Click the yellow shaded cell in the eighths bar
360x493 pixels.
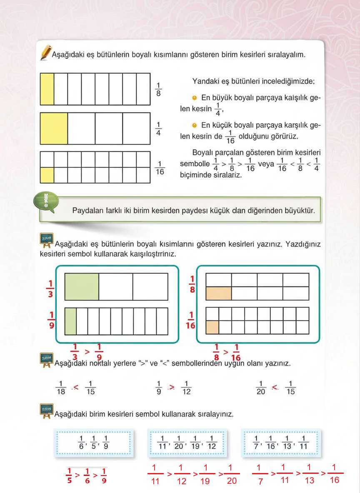point(47,89)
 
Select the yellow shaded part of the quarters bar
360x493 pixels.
point(54,128)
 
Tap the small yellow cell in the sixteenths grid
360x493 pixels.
point(47,175)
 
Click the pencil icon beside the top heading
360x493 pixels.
point(45,53)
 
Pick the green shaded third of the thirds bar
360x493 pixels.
point(82,286)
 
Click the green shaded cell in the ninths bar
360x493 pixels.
point(70,321)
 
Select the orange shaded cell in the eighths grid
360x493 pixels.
point(219,293)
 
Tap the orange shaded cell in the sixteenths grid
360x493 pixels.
point(212,327)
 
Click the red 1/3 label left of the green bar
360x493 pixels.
point(50,289)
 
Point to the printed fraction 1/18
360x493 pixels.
point(61,388)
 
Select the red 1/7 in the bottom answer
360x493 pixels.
point(260,474)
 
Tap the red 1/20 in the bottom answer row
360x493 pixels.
point(232,474)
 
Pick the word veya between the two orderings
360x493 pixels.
point(266,164)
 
